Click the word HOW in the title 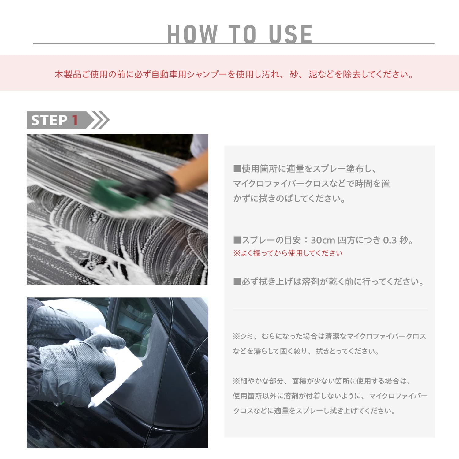point(192,34)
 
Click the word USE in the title point(290,34)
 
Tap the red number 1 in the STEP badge point(75,120)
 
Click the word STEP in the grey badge point(49,120)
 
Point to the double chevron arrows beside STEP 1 point(100,120)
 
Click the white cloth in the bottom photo point(119,367)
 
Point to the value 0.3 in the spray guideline point(390,240)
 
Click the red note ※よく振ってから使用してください point(288,253)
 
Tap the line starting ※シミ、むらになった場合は point(329,336)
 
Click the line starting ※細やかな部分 point(322,381)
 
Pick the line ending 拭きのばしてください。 point(289,199)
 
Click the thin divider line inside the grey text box point(329,310)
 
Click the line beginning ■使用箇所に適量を point(305,169)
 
